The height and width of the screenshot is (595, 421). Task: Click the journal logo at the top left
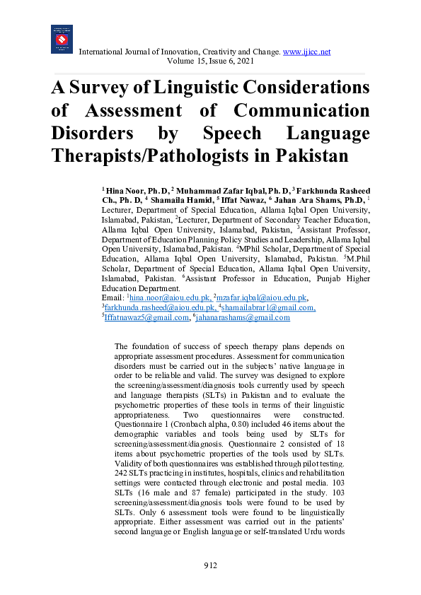coord(62,39)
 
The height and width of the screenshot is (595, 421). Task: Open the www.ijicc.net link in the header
coord(306,52)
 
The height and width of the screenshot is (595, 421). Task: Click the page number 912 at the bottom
coord(210,565)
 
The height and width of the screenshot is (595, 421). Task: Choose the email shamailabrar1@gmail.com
coord(268,308)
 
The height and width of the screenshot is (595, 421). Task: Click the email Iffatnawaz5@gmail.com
coord(147,318)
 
